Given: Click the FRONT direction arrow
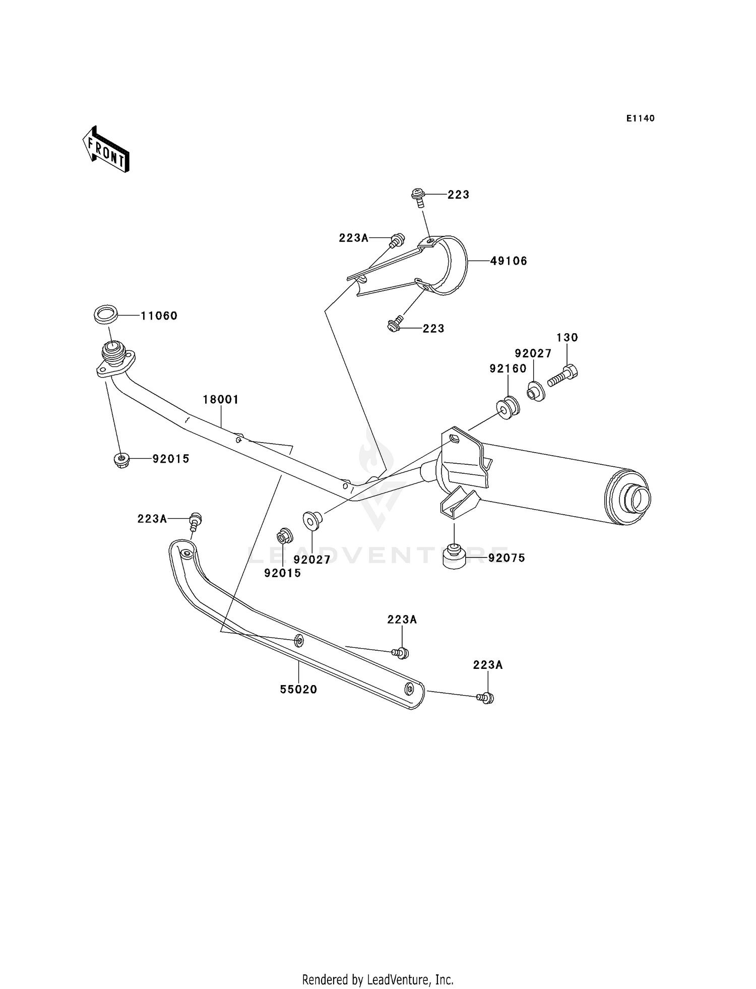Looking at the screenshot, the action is pos(106,149).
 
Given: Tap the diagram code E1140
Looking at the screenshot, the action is pos(641,118).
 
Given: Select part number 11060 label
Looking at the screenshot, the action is pos(159,316).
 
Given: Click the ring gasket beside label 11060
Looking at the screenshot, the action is pos(106,316).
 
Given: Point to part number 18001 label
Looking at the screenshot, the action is pos(221,400).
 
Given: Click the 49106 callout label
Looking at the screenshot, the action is pos(509,261).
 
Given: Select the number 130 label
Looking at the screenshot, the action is pos(567,337).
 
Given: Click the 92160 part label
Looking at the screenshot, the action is pos(508,368).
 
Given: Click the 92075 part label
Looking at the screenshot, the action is pos(507,558).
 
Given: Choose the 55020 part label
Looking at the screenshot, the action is pos(298,690).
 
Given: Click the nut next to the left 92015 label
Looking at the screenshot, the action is pos(121,460).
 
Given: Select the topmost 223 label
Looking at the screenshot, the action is pos(459,195).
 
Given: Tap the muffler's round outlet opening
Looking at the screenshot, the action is pos(637,498).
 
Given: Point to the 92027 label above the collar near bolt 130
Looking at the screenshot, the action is pos(533,353).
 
